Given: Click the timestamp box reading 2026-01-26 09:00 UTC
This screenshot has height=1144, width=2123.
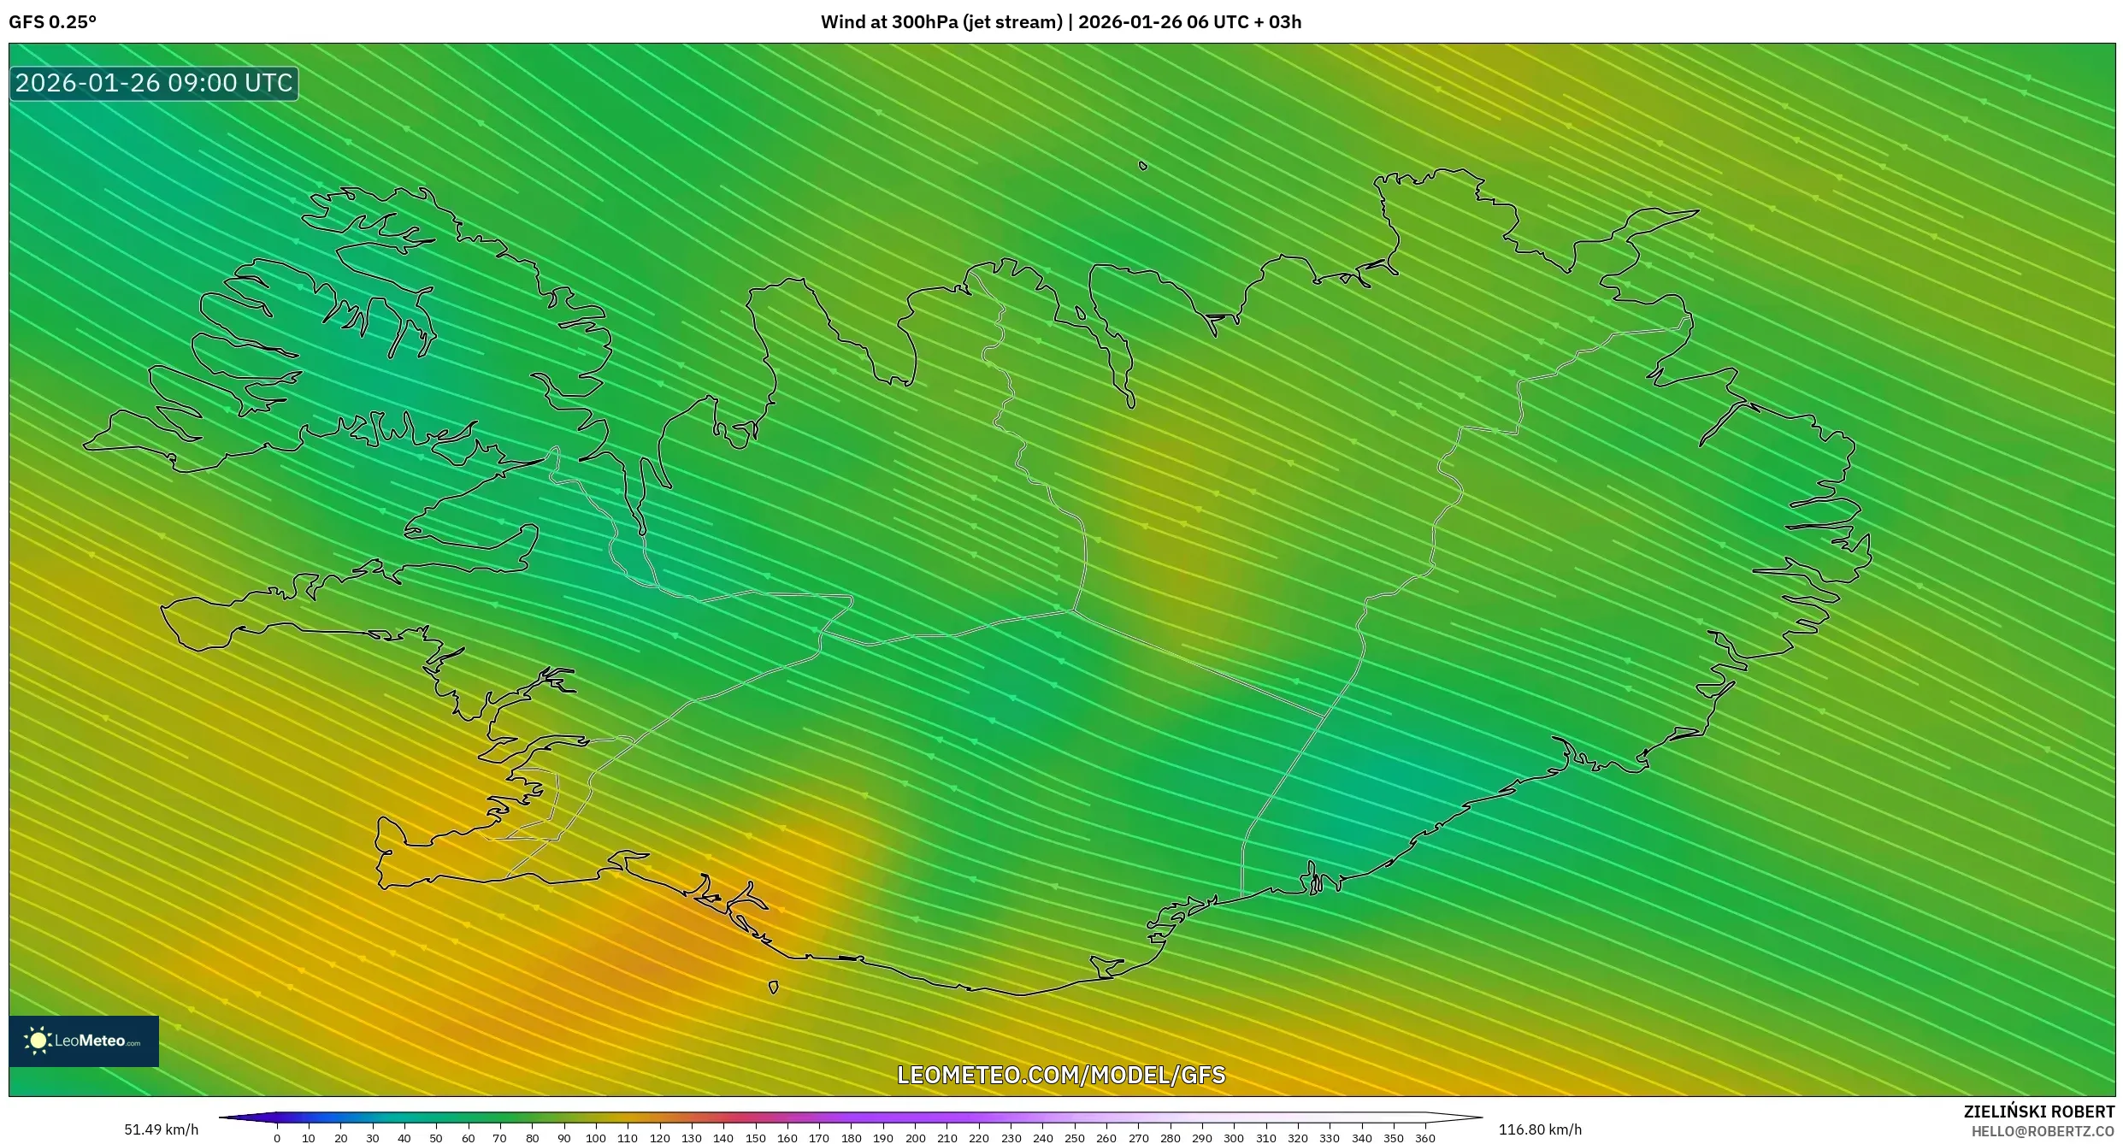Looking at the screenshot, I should tap(154, 84).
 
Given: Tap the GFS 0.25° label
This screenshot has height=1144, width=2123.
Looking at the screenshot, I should tap(52, 22).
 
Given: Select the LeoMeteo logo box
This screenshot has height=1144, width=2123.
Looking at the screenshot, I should tap(84, 1041).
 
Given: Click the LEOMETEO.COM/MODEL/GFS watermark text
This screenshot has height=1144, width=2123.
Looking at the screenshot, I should tap(1061, 1075).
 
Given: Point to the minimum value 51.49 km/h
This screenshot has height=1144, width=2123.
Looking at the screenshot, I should tap(161, 1129).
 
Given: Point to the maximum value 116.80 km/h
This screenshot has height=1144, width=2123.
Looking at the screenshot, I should tap(1540, 1129).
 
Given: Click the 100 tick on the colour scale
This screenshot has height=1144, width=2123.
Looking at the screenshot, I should tap(596, 1137).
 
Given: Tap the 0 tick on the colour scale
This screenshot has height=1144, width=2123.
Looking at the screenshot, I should tap(277, 1137).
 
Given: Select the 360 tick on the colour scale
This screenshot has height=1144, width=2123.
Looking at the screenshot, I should tap(1425, 1137).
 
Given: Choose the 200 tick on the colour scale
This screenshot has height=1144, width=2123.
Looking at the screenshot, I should tap(915, 1137).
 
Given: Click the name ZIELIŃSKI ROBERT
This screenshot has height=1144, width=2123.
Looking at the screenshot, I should tap(2038, 1112).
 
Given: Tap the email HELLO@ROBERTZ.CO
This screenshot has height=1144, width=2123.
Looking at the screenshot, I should tap(2043, 1131).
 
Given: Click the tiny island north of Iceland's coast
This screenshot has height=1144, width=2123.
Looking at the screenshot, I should tap(1143, 166).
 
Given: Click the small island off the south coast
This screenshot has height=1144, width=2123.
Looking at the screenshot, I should tap(774, 988).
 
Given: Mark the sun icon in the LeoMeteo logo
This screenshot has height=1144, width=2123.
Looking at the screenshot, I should tap(38, 1041).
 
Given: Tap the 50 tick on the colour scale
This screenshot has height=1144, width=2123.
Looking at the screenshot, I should tap(436, 1137).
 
